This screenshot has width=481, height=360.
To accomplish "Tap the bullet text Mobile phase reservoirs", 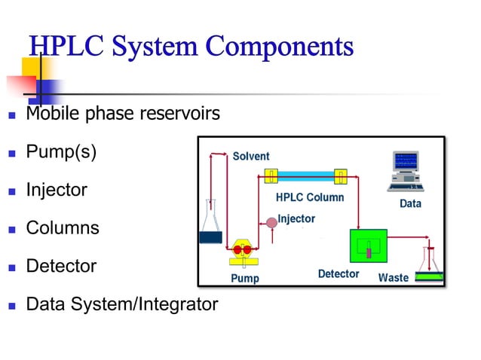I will pos(123,114).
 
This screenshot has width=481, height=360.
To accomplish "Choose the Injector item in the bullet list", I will pos(57,190).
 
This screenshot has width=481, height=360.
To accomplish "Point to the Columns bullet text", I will pos(63,227).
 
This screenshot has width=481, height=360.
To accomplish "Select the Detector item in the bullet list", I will pos(61,266).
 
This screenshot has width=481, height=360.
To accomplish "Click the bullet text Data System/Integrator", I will pos(121,304).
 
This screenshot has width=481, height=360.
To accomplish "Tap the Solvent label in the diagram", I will pos(250,156).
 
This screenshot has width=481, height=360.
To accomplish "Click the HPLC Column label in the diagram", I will pos(309,197).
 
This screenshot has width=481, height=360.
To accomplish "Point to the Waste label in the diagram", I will pos(393,277).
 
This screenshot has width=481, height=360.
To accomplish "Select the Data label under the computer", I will pos(410,203).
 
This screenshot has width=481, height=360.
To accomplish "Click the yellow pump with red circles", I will pos(243,252).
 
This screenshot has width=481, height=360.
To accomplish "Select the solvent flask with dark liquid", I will pos(210,226).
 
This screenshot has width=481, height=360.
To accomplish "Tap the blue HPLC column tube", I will pos(305,177).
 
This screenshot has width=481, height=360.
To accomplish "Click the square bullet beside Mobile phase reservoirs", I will pos(11,115).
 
